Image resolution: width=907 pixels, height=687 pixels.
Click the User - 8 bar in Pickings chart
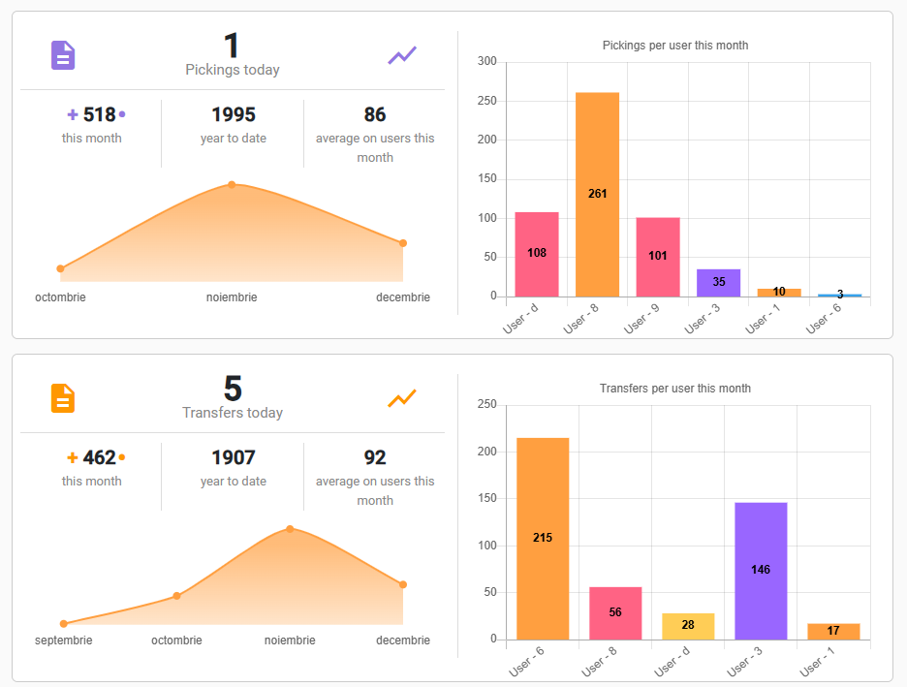tap(597, 194)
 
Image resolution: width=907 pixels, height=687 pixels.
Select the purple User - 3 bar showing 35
tap(718, 283)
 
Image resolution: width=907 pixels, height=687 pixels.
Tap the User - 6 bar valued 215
tap(543, 538)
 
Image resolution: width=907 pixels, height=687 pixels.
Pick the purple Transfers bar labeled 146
tap(761, 570)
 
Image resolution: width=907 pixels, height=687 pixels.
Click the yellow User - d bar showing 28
tap(688, 626)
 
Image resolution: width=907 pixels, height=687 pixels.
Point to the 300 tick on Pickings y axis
tap(486, 62)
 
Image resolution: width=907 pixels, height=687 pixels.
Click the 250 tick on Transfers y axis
tap(486, 405)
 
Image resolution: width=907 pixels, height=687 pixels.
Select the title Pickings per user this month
tap(675, 46)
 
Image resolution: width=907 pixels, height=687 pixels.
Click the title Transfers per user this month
tap(675, 389)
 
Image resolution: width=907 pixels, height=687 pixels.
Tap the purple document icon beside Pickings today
tap(63, 55)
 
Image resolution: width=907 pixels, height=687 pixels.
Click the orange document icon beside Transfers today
tap(63, 398)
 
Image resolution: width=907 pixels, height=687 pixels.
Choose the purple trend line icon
tap(402, 55)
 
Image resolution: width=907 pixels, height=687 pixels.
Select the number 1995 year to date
tap(234, 115)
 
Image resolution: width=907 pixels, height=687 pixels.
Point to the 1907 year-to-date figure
tap(234, 458)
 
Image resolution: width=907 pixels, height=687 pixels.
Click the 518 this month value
tap(99, 115)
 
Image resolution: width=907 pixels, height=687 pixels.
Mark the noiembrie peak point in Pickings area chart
tap(232, 184)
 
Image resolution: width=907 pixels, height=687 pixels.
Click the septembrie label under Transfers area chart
tap(64, 640)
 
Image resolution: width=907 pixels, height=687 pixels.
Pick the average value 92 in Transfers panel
tap(375, 458)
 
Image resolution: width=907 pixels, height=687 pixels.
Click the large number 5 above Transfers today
tap(233, 389)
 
